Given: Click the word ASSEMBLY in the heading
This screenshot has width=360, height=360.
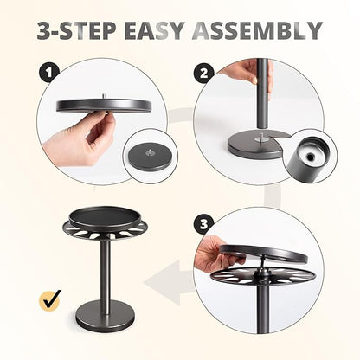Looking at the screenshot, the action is pyautogui.click(x=257, y=30).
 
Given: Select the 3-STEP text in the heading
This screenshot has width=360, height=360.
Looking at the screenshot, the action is pyautogui.click(x=76, y=30).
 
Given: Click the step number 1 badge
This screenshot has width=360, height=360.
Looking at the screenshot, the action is pyautogui.click(x=49, y=73).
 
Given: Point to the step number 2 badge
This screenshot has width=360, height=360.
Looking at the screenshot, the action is pyautogui.click(x=203, y=73).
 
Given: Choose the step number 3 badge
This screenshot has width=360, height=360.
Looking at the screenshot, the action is pyautogui.click(x=203, y=224).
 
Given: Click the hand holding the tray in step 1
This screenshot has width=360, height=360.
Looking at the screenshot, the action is pyautogui.click(x=80, y=138).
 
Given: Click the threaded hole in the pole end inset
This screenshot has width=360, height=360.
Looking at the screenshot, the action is pyautogui.click(x=311, y=157).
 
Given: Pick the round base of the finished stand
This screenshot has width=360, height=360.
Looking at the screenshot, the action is pyautogui.click(x=106, y=315).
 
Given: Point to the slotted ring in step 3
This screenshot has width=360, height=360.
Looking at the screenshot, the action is pyautogui.click(x=262, y=274).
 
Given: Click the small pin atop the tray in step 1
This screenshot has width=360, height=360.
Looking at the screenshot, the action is pyautogui.click(x=102, y=96).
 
